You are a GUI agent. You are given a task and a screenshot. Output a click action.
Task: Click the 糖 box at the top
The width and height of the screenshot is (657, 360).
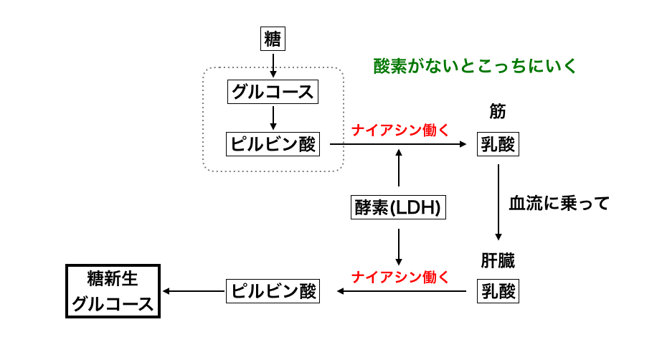coord(273,39)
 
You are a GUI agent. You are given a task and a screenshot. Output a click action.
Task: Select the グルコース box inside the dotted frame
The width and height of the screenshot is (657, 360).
coord(273,92)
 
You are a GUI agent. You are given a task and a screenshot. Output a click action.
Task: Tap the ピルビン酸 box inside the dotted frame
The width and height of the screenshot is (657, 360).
coord(273,144)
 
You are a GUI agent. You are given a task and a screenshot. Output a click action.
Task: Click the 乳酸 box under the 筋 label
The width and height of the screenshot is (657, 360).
coord(498,144)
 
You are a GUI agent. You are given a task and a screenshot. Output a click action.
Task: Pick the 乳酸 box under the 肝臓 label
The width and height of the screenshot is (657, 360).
coord(498,291)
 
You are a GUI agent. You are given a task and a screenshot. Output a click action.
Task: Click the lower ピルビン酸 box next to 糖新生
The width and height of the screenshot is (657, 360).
coord(273,291)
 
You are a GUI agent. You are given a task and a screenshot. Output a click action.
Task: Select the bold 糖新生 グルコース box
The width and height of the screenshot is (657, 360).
coord(113,291)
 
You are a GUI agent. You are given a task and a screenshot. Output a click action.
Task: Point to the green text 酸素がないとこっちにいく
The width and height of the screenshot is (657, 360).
coord(476,67)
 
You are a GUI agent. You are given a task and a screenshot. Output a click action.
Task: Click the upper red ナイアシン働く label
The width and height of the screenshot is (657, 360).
coord(400,130)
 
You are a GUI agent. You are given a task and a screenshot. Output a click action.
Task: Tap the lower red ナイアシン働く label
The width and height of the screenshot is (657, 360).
coord(400,277)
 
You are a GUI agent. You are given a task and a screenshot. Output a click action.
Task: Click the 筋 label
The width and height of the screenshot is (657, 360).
coord(498,113)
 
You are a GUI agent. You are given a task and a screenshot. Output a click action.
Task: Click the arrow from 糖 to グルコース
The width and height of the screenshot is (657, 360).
coord(273,65)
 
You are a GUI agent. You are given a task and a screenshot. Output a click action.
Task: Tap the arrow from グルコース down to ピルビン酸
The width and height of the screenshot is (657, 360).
coord(273,118)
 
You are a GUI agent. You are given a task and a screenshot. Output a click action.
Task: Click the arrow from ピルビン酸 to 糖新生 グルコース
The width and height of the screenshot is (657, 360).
coord(194,291)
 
